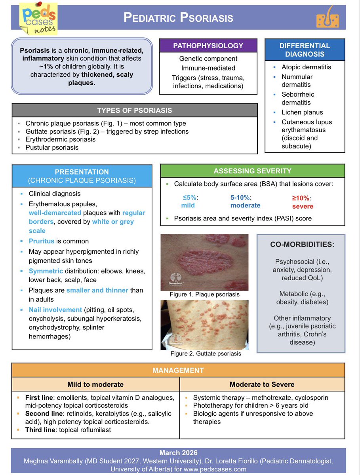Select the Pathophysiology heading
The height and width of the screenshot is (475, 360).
click(208, 46)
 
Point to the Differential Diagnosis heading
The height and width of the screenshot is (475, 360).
click(304, 50)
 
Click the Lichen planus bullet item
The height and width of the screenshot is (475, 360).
click(302, 112)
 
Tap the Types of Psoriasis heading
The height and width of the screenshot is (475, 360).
click(135, 110)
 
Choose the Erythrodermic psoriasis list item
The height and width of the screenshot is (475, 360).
click(60, 139)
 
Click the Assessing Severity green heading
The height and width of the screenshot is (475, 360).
click(252, 171)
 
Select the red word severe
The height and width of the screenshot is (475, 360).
click(303, 206)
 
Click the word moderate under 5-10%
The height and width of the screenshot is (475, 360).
click(245, 205)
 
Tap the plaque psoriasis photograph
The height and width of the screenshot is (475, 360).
click(204, 262)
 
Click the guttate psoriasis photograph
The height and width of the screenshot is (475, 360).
click(204, 325)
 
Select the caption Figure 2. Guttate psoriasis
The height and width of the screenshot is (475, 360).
click(205, 353)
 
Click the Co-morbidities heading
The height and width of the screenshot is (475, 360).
click(302, 244)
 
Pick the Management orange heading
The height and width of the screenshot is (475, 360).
click(178, 370)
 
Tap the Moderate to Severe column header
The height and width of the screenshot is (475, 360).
click(262, 384)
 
